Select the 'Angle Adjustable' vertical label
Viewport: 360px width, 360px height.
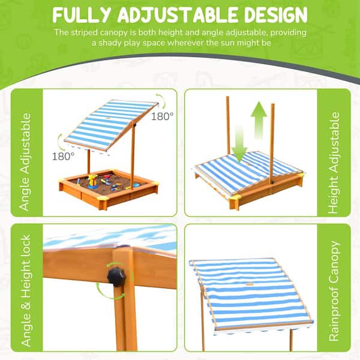[x=25, y=162]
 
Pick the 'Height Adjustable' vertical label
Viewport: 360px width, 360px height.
[x=334, y=163]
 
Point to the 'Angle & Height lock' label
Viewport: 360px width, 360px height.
[x=26, y=290]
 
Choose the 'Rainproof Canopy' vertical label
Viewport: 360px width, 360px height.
[x=334, y=290]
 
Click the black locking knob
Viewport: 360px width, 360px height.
[x=116, y=277]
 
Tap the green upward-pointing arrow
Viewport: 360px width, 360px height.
[x=259, y=120]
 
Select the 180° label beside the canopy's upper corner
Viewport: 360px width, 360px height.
[x=162, y=116]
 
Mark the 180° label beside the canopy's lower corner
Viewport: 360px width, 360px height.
[x=63, y=157]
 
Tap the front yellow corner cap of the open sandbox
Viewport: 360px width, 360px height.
[x=103, y=199]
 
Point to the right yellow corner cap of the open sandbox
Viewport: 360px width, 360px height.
[x=154, y=184]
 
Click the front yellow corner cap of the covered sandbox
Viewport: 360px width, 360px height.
[x=235, y=198]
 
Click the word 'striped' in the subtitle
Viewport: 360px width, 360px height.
[x=84, y=32]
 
